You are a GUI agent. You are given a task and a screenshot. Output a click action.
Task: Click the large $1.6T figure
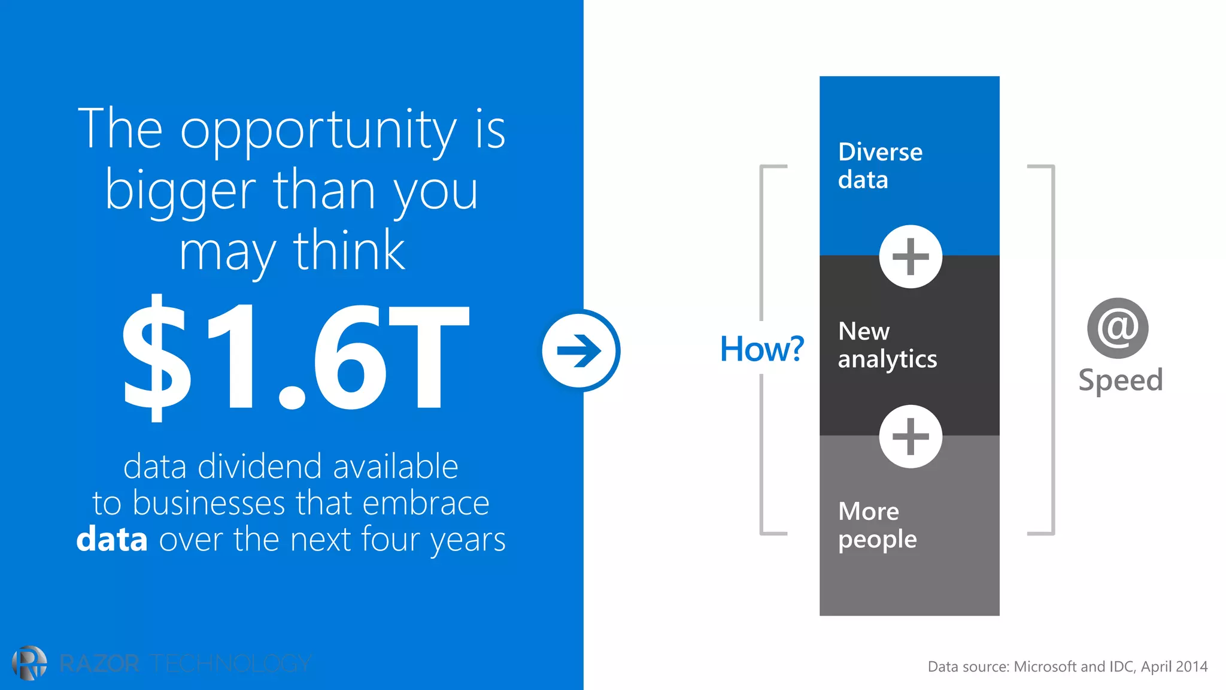[x=295, y=358]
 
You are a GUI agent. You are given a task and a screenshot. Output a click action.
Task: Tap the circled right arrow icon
[x=580, y=351]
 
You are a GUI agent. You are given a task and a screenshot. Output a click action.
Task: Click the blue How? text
[x=761, y=349]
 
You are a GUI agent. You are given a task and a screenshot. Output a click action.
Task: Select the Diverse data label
[x=880, y=166]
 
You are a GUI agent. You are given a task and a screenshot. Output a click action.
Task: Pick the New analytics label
[x=887, y=346]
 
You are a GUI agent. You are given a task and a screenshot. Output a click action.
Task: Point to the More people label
[x=877, y=525]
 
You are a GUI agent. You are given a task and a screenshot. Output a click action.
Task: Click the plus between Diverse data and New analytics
[x=911, y=257]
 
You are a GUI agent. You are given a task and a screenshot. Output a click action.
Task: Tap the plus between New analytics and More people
[x=911, y=437]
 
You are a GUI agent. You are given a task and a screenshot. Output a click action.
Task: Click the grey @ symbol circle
[x=1118, y=328]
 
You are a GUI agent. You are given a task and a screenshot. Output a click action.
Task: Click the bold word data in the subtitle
[x=112, y=539]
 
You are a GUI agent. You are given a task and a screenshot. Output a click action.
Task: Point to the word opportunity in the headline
[x=318, y=130]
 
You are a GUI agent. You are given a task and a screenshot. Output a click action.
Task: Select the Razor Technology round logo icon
[x=29, y=663]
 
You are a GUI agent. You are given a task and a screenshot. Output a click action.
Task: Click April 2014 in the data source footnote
[x=1174, y=667]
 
